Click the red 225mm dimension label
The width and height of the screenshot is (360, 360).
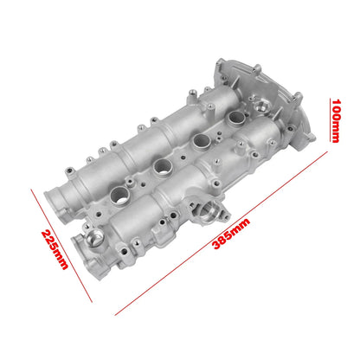click(x=55, y=249)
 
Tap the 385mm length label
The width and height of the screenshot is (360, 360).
click(x=231, y=234)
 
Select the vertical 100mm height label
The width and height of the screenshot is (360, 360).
click(x=336, y=121)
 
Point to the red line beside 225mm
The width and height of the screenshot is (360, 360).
click(x=61, y=246)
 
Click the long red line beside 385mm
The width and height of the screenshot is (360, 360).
click(x=222, y=233)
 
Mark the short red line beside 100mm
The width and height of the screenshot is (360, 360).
click(x=330, y=120)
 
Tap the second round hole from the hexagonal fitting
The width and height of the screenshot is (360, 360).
click(x=202, y=140)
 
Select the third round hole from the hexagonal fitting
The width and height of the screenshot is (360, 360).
click(x=163, y=166)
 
